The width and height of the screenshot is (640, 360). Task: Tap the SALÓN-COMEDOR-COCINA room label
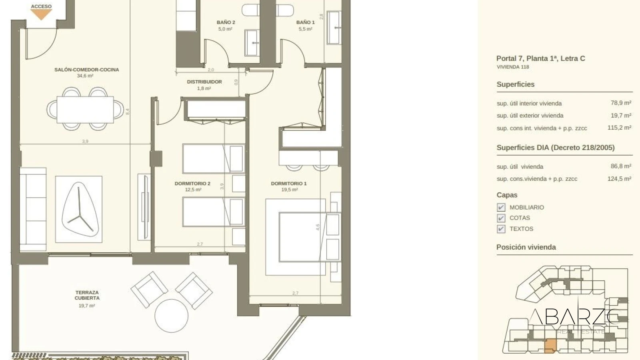pos(86,70)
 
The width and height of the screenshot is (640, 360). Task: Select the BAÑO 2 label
pos(226,22)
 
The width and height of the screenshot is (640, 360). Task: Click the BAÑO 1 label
pos(306,22)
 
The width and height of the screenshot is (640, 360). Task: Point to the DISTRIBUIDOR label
pos(204,82)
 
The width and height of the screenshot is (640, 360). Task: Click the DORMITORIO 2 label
pos(192,184)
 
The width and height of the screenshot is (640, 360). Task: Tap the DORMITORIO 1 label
pos(289,184)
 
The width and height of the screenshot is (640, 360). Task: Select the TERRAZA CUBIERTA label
pos(87,295)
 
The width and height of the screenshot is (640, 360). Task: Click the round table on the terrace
pos(172,316)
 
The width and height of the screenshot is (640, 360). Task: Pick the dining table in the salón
pos(85,110)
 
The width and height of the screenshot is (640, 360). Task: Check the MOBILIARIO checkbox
pos(501,208)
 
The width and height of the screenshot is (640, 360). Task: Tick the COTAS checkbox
pos(501,218)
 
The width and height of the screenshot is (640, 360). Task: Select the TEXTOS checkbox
pos(501,229)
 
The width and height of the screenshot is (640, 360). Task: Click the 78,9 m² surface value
pos(621,103)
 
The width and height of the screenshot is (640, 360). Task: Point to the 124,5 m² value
pos(619,179)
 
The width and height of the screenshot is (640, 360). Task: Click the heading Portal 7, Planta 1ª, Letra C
pos(540,58)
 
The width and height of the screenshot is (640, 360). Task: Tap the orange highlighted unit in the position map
pos(550,346)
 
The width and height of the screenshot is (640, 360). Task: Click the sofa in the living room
pos(33,209)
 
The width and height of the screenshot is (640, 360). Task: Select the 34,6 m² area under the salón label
pos(85,76)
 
